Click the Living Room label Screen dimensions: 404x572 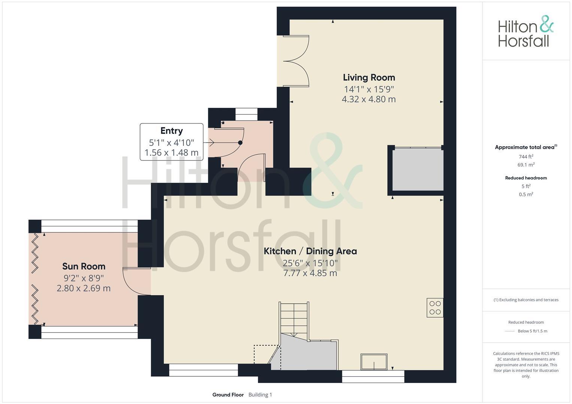pyautogui.click(x=369, y=77)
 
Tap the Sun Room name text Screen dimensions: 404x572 pyautogui.click(x=84, y=266)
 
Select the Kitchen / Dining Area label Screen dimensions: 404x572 pyautogui.click(x=310, y=251)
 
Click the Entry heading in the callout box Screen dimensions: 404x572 pyautogui.click(x=172, y=131)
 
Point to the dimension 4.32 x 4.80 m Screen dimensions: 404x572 pyautogui.click(x=369, y=99)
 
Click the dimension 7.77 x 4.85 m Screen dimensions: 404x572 pyautogui.click(x=310, y=273)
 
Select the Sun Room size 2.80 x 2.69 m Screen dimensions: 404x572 pyautogui.click(x=84, y=288)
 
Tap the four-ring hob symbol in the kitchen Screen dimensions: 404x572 pyautogui.click(x=435, y=307)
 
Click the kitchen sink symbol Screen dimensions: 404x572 pyautogui.click(x=374, y=362)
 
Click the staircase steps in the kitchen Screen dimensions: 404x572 pyautogui.click(x=294, y=318)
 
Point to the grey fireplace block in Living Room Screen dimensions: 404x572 pyautogui.click(x=418, y=169)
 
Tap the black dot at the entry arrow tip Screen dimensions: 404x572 pyautogui.click(x=240, y=143)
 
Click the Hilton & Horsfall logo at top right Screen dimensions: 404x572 pyautogui.click(x=525, y=31)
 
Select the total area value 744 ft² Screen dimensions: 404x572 pyautogui.click(x=526, y=156)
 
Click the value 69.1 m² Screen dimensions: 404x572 pyautogui.click(x=526, y=165)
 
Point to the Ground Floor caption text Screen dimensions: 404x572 pyautogui.click(x=228, y=395)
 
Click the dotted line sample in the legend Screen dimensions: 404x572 pyautogui.click(x=509, y=331)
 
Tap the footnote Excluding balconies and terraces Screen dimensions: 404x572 pyautogui.click(x=526, y=300)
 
